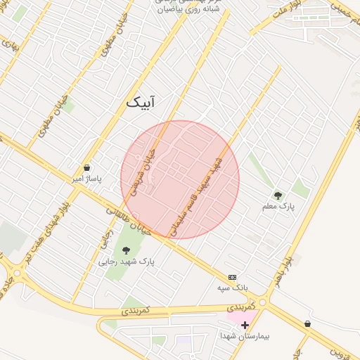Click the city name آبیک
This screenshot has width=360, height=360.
(x=141, y=103)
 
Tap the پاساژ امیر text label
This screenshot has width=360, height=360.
(x=85, y=179)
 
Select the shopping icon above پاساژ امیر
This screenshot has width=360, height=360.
(x=86, y=167)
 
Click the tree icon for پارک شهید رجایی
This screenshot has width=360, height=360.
(x=126, y=250)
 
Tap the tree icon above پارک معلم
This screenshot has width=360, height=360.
(x=278, y=195)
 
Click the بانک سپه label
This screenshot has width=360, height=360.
(x=233, y=288)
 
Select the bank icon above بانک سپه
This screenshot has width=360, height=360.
(x=233, y=278)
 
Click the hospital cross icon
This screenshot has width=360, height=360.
(x=245, y=324)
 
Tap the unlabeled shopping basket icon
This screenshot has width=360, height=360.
(x=307, y=323)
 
